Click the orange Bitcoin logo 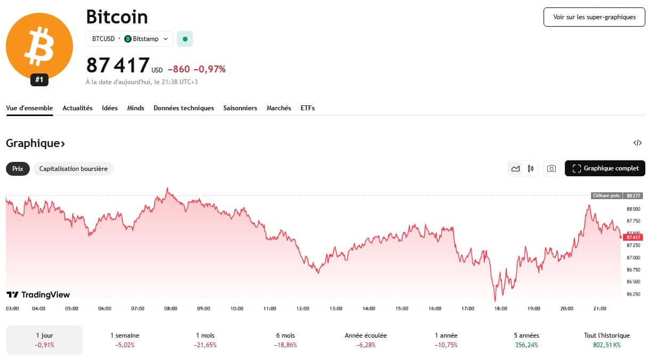39,47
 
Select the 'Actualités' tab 77,108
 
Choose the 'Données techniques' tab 184,108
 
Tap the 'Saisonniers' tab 240,108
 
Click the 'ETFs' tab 307,108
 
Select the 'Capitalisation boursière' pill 74,169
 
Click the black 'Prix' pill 18,169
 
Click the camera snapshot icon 552,169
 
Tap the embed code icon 637,143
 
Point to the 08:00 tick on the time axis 171,308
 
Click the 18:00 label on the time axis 501,308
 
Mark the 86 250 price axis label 634,294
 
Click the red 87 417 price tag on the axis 634,237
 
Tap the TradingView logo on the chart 38,295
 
